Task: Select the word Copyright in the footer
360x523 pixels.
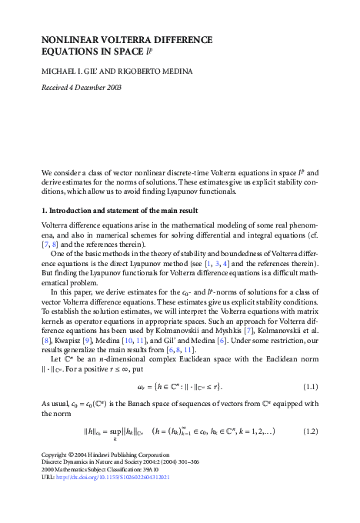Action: click(56, 476)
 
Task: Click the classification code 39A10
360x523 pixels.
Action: click(162, 491)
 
